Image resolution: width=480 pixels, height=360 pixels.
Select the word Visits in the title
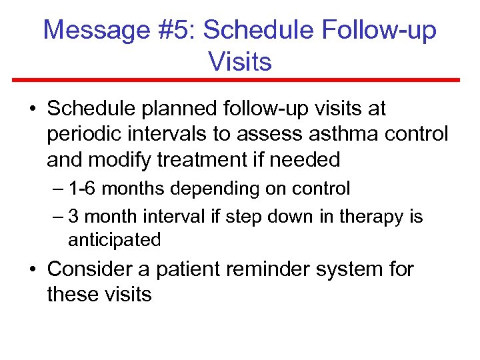[240, 62]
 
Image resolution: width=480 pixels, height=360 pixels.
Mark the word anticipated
[114, 240]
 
